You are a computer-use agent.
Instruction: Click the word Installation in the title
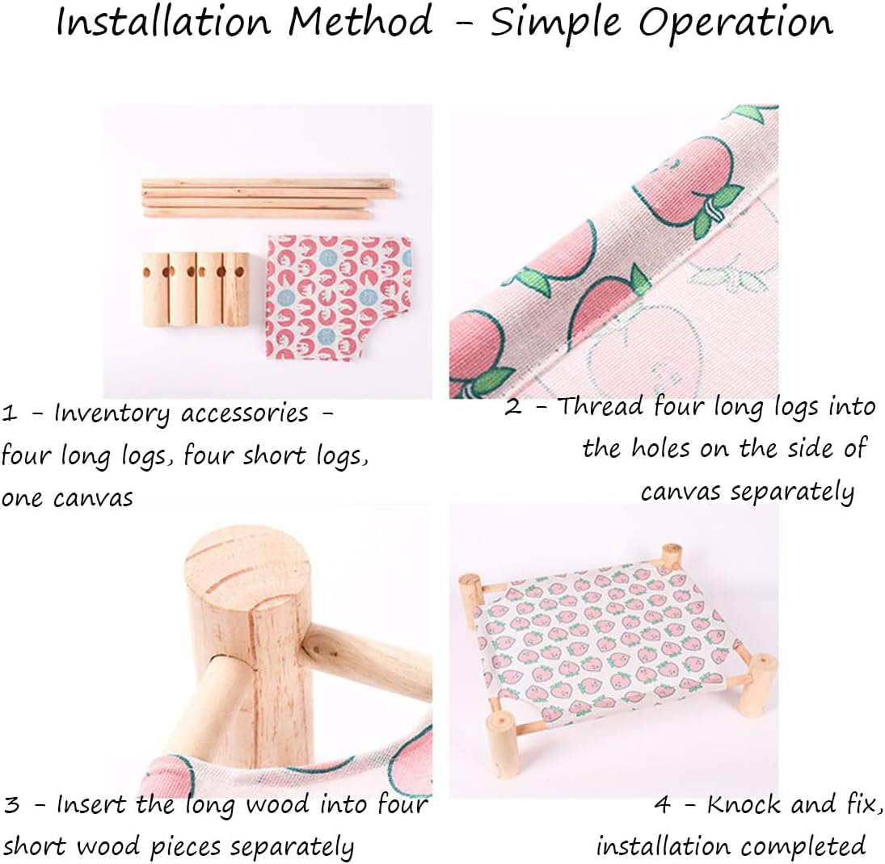[165, 22]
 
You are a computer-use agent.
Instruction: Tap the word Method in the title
[360, 22]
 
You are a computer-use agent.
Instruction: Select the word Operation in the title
[735, 23]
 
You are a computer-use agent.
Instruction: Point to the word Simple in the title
[555, 23]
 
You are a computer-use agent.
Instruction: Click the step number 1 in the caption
[9, 414]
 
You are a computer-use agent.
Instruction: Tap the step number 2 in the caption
[513, 407]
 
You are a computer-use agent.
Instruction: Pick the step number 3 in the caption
[12, 805]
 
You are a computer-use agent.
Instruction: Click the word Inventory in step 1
[112, 414]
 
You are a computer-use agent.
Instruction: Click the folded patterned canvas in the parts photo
[339, 298]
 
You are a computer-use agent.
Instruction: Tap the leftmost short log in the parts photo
[156, 289]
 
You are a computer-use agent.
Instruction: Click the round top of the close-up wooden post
[249, 564]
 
